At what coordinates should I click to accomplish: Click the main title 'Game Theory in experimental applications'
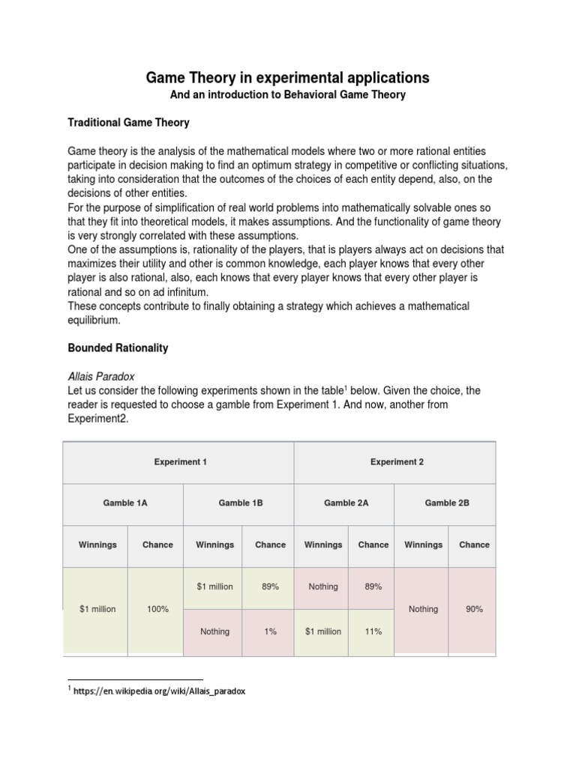tap(287, 78)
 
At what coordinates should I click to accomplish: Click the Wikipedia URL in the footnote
tap(159, 691)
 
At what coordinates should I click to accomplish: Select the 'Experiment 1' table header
tap(180, 462)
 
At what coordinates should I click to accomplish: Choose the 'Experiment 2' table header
tap(397, 462)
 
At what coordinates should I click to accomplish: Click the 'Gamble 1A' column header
tap(124, 503)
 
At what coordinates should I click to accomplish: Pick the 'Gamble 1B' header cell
tap(240, 503)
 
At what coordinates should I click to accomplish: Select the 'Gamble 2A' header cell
tap(346, 503)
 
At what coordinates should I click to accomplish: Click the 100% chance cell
tap(157, 609)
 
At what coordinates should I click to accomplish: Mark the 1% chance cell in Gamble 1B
tap(270, 631)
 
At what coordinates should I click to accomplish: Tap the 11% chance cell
tap(373, 631)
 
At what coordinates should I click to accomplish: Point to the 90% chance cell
tap(474, 609)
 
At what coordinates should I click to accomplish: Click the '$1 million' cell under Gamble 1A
tap(97, 609)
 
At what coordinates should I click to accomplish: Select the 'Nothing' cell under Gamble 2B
tap(423, 609)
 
